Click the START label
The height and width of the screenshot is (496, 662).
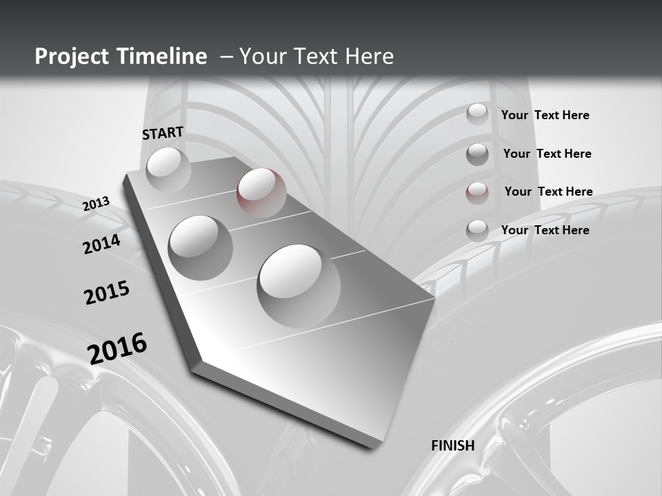(x=163, y=132)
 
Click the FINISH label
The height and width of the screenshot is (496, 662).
(x=453, y=445)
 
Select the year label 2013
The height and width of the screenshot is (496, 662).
(x=97, y=203)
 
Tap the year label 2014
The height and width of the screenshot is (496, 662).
(x=101, y=244)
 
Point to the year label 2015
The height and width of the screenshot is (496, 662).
(x=107, y=292)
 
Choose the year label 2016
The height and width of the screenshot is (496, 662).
(x=117, y=347)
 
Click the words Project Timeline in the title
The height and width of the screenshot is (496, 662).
(x=121, y=56)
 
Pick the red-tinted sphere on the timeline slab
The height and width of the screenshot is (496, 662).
(x=261, y=192)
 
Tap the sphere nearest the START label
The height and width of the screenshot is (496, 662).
(x=168, y=169)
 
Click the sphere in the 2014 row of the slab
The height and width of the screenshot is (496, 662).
(x=201, y=247)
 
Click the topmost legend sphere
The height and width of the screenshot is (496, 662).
(x=477, y=114)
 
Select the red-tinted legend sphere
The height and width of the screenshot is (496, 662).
(x=477, y=192)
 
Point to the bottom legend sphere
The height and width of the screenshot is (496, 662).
(x=477, y=231)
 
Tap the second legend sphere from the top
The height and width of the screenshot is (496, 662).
(x=477, y=154)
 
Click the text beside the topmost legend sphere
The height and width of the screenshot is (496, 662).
(x=545, y=115)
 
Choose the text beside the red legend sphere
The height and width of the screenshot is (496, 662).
(x=548, y=192)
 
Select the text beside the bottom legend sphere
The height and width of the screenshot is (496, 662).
(x=545, y=230)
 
